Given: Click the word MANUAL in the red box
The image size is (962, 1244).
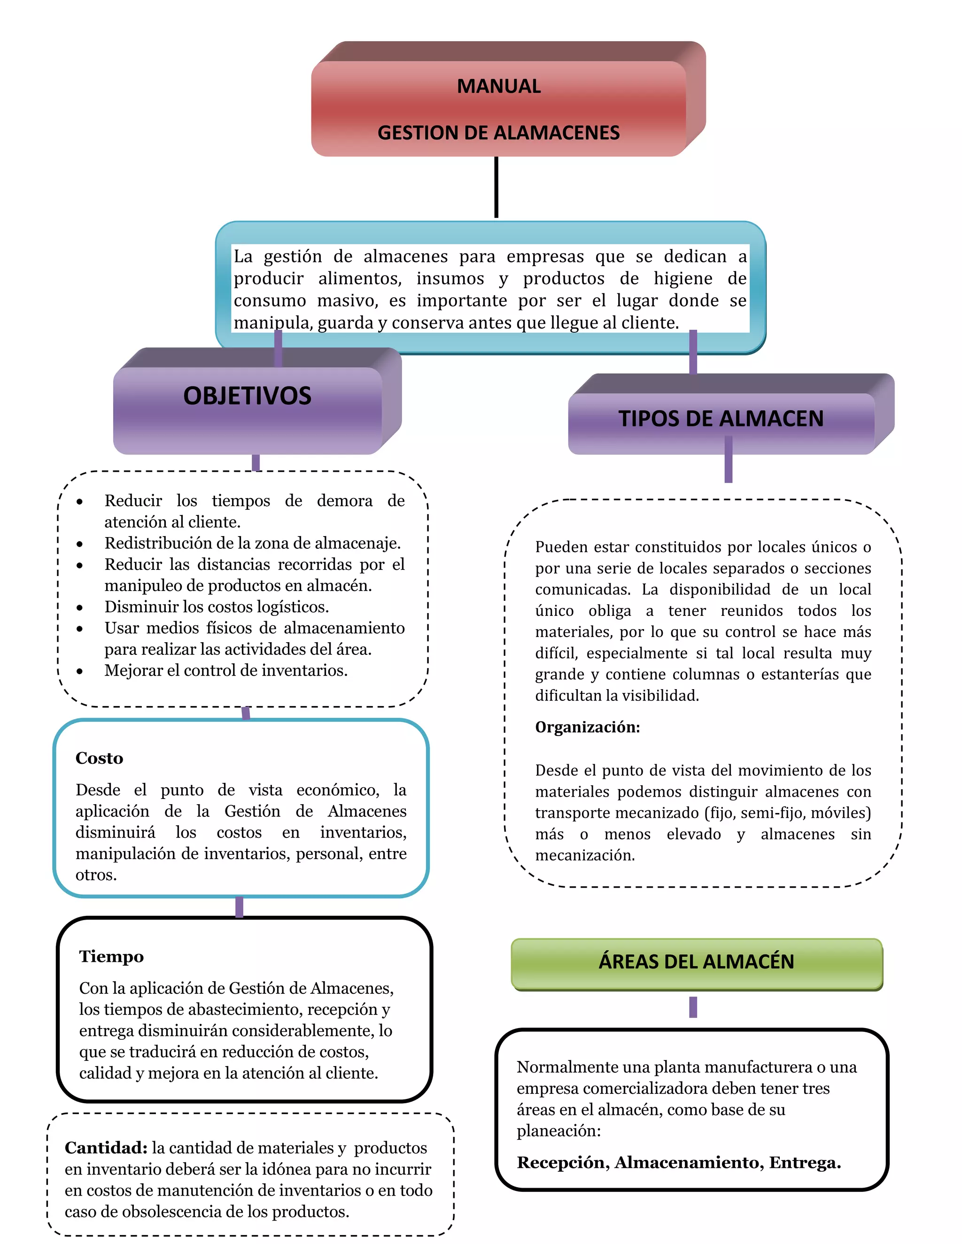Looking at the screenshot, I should coord(499,86).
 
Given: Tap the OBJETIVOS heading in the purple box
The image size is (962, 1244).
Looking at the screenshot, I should coord(248,396).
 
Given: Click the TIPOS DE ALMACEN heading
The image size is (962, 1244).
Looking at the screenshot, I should coord(721,419).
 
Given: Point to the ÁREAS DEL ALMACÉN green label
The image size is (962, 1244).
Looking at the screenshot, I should coord(696,961).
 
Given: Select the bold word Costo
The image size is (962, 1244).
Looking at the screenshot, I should coord(99,758).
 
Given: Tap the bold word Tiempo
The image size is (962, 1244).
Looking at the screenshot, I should coord(111,956).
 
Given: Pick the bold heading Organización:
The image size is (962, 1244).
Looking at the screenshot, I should coord(588,727).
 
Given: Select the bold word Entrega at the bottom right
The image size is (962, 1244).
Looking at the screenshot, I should coord(804,1162).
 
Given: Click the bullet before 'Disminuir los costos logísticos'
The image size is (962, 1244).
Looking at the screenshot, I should coord(80,608).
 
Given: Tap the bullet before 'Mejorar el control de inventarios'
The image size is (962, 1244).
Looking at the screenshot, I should coord(80,672).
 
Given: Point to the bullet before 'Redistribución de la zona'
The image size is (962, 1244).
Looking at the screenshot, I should coord(80,545).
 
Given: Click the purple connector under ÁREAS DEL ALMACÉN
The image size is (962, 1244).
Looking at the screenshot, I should coord(693,1007).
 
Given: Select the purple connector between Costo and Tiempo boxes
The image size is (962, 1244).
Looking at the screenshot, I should coord(240,907).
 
